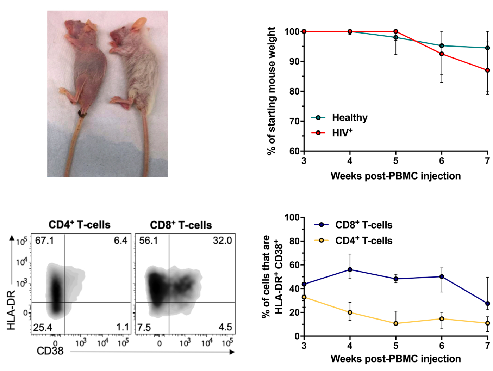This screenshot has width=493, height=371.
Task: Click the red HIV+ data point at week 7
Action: pos(487,71)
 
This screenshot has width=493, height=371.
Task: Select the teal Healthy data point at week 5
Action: pos(396,37)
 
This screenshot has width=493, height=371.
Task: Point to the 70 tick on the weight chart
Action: pos(294,121)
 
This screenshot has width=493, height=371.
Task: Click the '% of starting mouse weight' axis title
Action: pos(271,91)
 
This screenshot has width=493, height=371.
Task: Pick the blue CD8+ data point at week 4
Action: pos(350,270)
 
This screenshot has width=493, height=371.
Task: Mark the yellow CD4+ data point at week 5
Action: pos(396,323)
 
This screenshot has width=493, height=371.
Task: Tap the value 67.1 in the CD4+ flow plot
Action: pos(44,241)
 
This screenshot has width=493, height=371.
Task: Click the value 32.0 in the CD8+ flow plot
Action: pos(222,241)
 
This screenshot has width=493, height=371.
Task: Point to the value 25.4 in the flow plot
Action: pos(43,328)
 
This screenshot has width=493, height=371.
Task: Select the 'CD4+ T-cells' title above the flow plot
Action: pos(80,225)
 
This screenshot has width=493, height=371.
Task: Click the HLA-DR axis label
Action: pos(12,310)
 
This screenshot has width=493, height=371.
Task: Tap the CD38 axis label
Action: pos(50,351)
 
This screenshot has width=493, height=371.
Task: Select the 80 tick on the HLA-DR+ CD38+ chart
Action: pos(294,241)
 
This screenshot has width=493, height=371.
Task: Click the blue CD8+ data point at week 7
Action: pos(487,304)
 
